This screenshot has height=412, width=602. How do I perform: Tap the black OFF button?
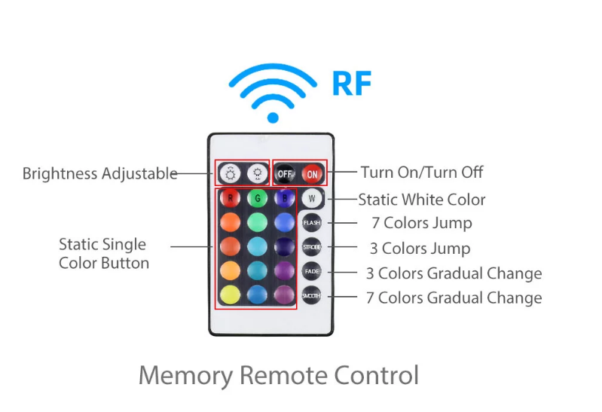285,174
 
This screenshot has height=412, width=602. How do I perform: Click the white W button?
312,199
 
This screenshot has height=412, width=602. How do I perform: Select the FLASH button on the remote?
312,223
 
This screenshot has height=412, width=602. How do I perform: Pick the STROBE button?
312,247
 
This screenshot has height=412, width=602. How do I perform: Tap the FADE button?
312,271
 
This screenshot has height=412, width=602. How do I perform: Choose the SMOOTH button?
311,296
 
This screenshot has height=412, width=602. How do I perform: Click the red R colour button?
230,198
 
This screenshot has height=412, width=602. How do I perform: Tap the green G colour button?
257,198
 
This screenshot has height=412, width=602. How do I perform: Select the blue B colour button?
285,198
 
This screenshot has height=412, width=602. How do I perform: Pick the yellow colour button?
230,295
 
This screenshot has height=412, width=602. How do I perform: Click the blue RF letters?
352,84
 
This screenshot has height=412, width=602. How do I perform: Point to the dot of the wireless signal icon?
273,117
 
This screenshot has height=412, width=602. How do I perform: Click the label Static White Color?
422,200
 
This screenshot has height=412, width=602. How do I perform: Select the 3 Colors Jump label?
420,249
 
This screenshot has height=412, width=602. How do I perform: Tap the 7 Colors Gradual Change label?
454,298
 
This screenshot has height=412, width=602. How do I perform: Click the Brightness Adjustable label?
99,173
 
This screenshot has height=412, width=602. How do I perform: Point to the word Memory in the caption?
186,376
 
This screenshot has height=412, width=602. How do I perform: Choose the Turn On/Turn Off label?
422,172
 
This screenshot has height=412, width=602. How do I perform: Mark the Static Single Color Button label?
104,254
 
